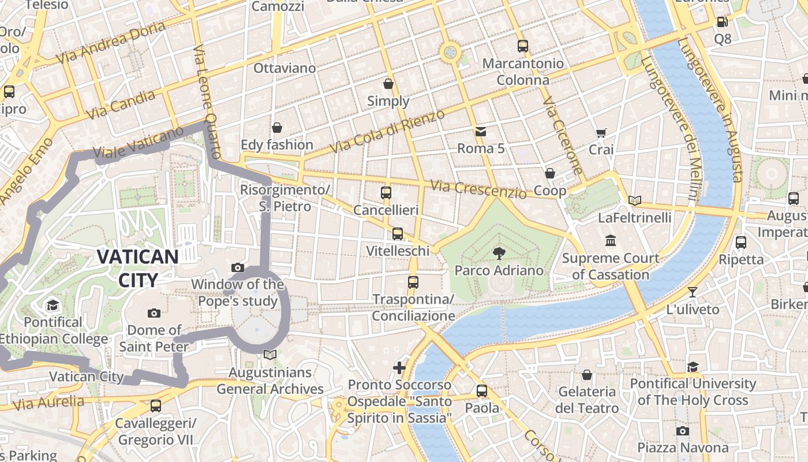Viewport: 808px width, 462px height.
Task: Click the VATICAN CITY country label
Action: [137, 268]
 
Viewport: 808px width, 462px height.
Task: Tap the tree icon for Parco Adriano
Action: [498, 253]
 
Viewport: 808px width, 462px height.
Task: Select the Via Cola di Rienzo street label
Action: [387, 131]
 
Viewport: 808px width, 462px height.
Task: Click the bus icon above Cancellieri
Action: [386, 193]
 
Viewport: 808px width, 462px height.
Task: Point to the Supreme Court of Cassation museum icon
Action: [611, 240]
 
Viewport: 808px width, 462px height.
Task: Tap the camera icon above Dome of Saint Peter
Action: [154, 313]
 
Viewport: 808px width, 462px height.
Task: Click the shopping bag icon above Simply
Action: [388, 84]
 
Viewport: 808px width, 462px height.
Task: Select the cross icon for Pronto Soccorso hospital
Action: [399, 367]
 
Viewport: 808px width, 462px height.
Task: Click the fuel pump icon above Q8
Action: [722, 22]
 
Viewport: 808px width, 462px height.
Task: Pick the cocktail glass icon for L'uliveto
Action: [693, 292]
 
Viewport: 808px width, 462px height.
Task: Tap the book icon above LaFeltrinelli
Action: [635, 200]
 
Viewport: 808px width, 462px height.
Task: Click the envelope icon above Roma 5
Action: [480, 132]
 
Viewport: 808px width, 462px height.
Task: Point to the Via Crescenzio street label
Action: [478, 189]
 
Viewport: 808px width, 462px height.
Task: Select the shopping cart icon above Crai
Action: [601, 133]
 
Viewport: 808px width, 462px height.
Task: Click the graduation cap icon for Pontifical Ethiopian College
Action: [53, 305]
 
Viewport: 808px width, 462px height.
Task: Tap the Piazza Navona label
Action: [683, 448]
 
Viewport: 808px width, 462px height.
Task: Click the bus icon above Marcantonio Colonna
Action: [523, 46]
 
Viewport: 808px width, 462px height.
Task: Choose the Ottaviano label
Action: [285, 68]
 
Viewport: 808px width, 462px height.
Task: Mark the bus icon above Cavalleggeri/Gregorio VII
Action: [155, 406]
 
